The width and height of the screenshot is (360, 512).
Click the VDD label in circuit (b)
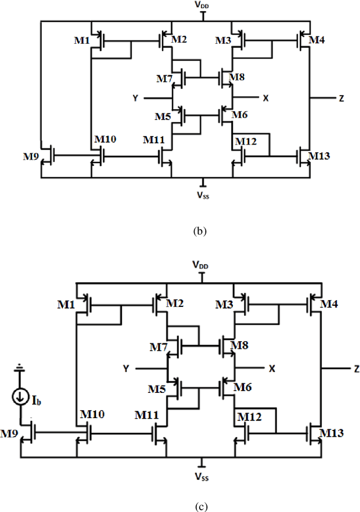pos(201,5)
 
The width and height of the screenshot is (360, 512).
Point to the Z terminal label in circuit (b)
pos(341,98)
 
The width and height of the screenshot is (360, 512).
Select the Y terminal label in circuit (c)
pos(127,369)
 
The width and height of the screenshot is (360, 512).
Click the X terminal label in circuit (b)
pos(265,98)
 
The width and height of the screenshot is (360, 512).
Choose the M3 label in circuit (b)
pos(223,40)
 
